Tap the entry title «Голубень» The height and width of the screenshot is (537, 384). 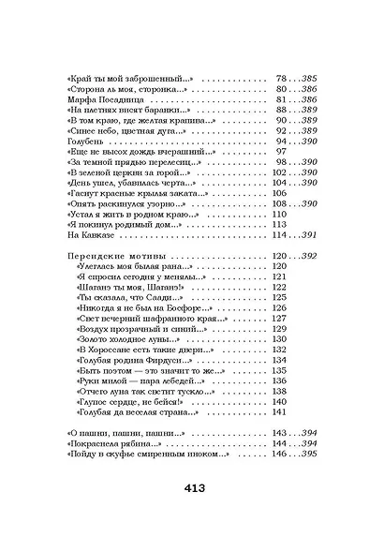tap(91, 149)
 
